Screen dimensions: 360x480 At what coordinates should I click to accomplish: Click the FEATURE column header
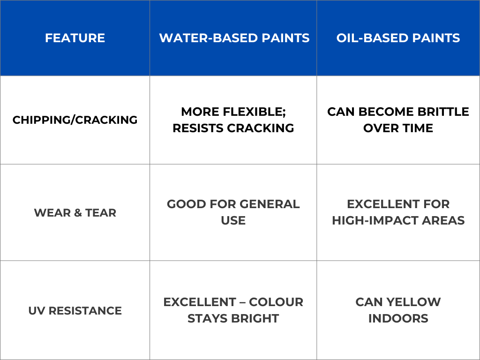click(75, 38)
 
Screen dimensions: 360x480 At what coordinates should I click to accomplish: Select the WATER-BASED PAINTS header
click(234, 38)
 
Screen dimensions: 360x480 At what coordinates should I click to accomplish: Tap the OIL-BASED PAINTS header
click(398, 38)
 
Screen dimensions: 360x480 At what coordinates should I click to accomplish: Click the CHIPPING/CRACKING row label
click(75, 120)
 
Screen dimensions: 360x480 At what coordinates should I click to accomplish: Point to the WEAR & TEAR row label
click(75, 213)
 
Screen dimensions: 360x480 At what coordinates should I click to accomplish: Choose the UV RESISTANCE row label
click(75, 311)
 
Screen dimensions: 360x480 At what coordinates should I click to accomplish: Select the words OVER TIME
click(398, 128)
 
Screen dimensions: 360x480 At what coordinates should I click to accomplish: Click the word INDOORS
click(398, 319)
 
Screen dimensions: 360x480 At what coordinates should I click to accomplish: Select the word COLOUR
click(276, 302)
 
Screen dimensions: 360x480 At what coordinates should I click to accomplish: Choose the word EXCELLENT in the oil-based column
click(398, 204)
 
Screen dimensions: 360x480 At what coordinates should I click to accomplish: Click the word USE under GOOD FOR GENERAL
click(233, 220)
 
